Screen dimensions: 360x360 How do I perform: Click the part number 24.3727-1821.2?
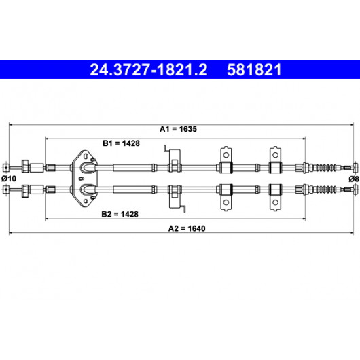(149, 70)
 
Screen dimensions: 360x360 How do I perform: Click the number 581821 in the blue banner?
(254, 70)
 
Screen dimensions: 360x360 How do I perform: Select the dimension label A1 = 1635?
(178, 129)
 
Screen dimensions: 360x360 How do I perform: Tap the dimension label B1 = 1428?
(121, 143)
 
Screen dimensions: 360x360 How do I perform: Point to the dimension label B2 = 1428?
(120, 214)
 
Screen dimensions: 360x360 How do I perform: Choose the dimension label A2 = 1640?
(187, 228)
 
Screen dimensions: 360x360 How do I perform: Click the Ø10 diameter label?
(9, 179)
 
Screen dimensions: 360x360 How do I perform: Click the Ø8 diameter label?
(354, 179)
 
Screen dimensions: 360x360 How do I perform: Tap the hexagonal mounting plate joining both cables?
(84, 178)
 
